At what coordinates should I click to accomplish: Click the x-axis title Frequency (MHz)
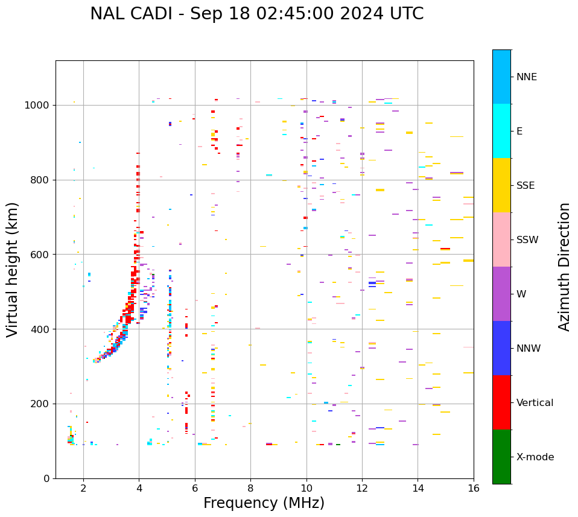pos(264,503)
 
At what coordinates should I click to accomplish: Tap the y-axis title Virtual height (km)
pos(13,269)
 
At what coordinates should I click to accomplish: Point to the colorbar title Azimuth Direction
pos(564,266)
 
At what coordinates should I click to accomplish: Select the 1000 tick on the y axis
pos(37,105)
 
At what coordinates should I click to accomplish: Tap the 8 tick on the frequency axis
pos(250,487)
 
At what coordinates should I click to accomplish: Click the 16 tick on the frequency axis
pos(474,487)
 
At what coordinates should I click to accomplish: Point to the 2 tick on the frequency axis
pos(83,487)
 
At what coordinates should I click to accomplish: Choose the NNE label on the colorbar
pos(526,77)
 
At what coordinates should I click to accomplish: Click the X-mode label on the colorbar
pos(535,457)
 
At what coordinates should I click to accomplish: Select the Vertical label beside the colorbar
pos(535,402)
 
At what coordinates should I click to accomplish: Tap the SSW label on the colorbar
pos(527,239)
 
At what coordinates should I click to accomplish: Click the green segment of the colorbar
pos(501,457)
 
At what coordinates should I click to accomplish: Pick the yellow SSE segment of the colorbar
pos(501,185)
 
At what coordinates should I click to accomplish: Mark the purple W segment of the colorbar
pos(501,294)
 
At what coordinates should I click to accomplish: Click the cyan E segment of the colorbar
pos(501,131)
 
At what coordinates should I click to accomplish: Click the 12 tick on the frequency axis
pos(362,487)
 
